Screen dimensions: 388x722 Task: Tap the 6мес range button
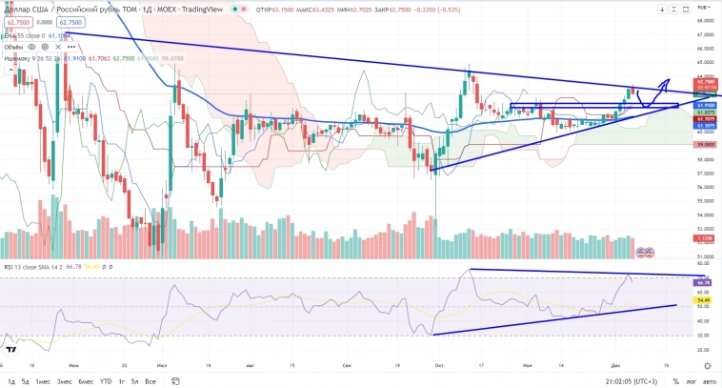click(85, 380)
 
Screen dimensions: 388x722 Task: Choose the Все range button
click(150, 380)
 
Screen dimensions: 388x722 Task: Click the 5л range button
click(134, 380)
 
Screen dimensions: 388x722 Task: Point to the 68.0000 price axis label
click(706, 20)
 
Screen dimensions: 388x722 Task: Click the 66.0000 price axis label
click(706, 48)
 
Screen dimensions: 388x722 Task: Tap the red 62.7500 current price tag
click(706, 83)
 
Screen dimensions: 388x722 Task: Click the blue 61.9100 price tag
click(706, 104)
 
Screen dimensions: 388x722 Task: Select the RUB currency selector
click(703, 8)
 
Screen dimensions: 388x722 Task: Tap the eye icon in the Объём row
click(32, 46)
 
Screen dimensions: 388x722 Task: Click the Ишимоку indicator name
click(19, 57)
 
